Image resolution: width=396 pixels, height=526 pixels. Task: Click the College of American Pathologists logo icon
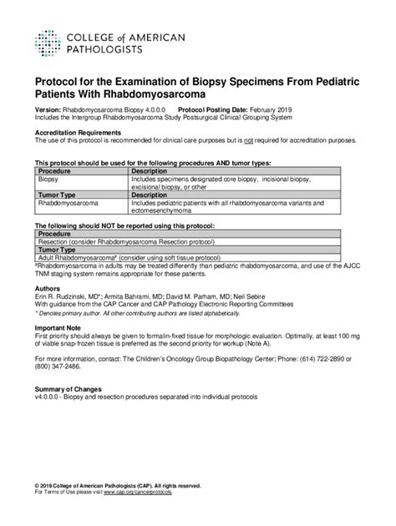pos(47,41)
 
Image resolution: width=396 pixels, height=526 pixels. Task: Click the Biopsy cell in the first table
pos(49,179)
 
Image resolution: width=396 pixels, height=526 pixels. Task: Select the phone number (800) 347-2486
pos(58,367)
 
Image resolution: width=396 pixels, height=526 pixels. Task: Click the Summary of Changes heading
pos(68,390)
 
